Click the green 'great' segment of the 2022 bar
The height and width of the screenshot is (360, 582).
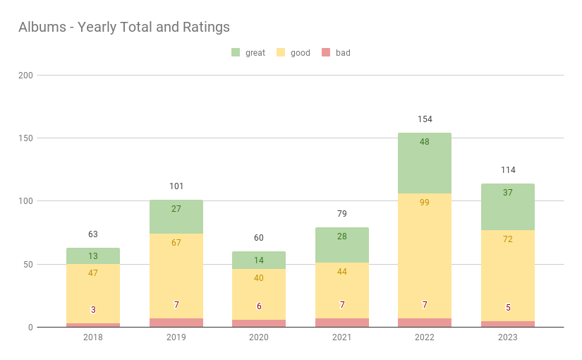[x=425, y=162]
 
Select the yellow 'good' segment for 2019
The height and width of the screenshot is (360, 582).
[x=176, y=275]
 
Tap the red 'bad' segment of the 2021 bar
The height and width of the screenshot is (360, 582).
[x=342, y=323]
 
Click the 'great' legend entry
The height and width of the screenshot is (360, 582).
[x=248, y=53]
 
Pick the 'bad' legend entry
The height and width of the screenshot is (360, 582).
[x=336, y=53]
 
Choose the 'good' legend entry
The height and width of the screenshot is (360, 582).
[x=293, y=53]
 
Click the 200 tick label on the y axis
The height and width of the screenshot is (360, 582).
[x=25, y=75]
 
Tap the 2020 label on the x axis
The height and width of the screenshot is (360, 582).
[x=259, y=337]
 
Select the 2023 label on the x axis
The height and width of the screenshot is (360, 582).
[x=508, y=337]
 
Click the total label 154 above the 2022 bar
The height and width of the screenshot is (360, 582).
[x=425, y=119]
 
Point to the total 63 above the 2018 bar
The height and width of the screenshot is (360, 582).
[x=93, y=234]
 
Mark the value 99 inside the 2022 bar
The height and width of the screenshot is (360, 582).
[x=425, y=203]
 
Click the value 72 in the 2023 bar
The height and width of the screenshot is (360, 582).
[x=508, y=239]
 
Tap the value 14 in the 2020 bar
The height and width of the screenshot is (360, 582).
[x=259, y=260]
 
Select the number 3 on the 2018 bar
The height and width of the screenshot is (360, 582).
[x=93, y=310]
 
